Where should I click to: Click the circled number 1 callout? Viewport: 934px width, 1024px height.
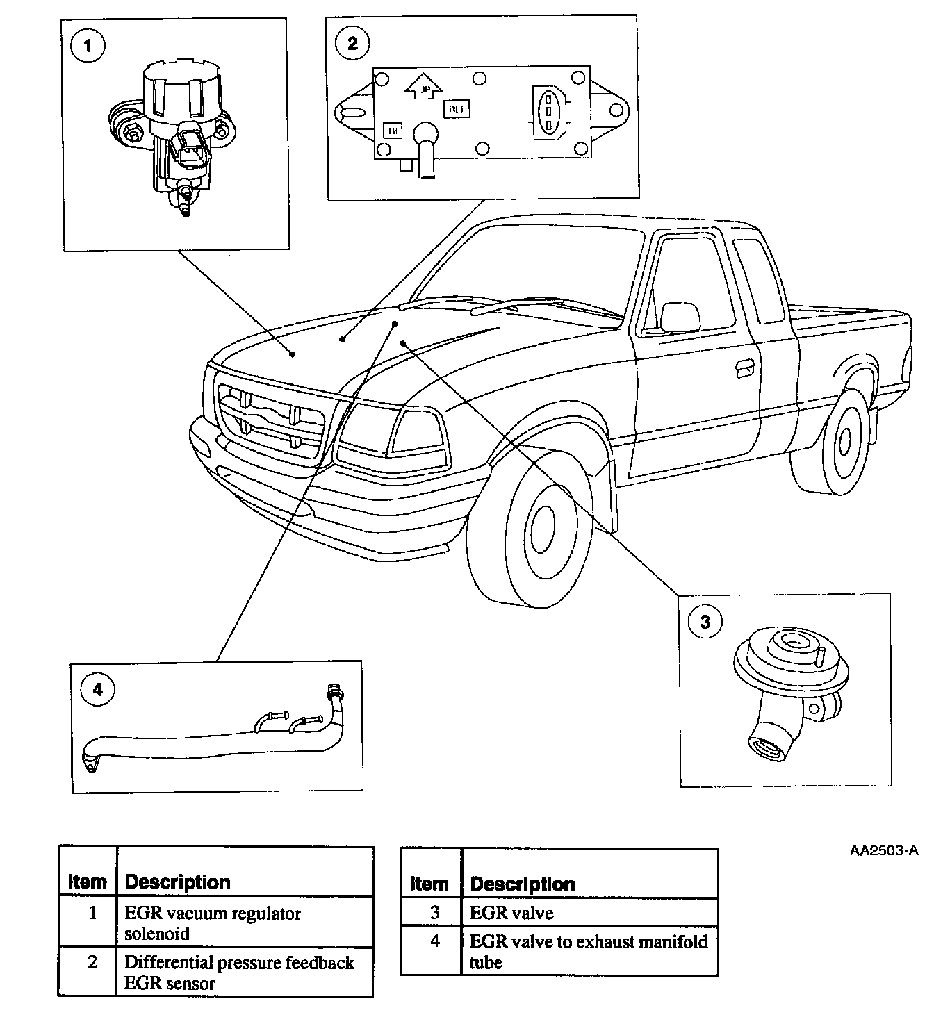pos(88,47)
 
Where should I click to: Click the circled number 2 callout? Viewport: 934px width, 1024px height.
pos(352,43)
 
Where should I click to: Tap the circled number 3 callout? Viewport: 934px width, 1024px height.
pos(705,621)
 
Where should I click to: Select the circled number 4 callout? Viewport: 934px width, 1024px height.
pos(97,689)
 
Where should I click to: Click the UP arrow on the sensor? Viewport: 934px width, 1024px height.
pos(419,85)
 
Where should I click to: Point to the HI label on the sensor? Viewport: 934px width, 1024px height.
pos(393,131)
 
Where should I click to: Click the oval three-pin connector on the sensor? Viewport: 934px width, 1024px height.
pos(548,109)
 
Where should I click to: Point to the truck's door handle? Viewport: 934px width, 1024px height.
pos(743,368)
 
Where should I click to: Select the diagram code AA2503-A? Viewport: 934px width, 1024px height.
pos(884,851)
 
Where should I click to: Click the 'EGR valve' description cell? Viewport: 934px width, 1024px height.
pos(511,913)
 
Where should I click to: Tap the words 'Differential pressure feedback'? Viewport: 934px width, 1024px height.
pos(238,963)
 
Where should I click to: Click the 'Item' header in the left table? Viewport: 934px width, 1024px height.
pos(88,882)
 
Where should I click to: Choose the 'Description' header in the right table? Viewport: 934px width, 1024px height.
pos(523,884)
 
